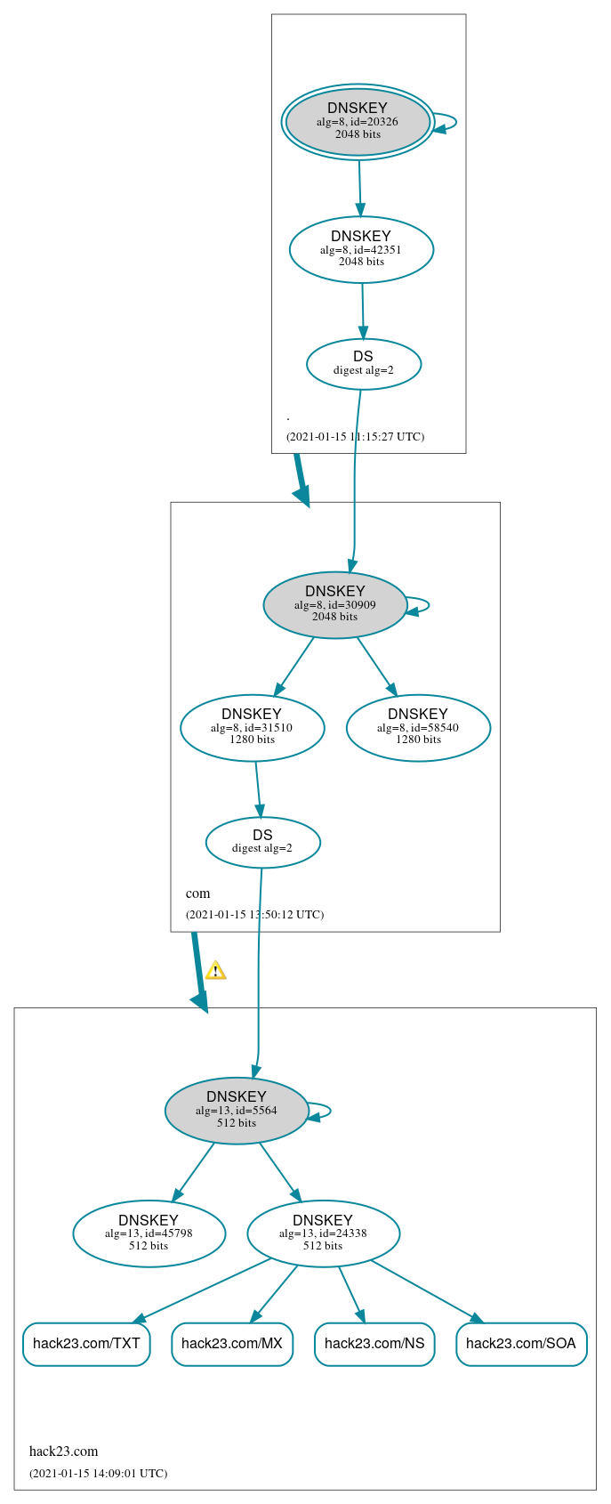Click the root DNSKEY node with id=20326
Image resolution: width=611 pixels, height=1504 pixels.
[358, 122]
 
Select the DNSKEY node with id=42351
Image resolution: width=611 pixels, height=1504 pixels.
[361, 250]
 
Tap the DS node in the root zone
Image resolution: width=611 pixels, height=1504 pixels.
[363, 364]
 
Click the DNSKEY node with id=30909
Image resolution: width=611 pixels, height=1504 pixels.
[335, 605]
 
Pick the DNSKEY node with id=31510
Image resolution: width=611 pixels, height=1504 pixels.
[252, 728]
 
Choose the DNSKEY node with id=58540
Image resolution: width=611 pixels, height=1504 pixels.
[418, 728]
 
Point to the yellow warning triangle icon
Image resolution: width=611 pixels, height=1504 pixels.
[215, 971]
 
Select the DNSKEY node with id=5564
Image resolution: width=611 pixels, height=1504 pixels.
[237, 1111]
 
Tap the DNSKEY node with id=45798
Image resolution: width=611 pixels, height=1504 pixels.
[149, 1233]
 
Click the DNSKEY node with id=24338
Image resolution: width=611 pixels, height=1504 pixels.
[323, 1233]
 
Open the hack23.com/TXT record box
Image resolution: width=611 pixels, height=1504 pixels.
[86, 1344]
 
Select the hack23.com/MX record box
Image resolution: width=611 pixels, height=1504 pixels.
[231, 1344]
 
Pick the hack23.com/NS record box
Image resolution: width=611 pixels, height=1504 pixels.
[374, 1344]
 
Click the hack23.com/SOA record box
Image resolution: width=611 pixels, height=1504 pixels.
[521, 1344]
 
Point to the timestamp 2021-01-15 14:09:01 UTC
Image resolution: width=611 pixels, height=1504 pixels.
[98, 1474]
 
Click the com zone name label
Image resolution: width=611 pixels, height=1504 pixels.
[197, 894]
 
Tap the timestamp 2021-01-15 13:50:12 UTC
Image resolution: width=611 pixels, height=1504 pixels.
[254, 915]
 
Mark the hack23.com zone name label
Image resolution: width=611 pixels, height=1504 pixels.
[64, 1451]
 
